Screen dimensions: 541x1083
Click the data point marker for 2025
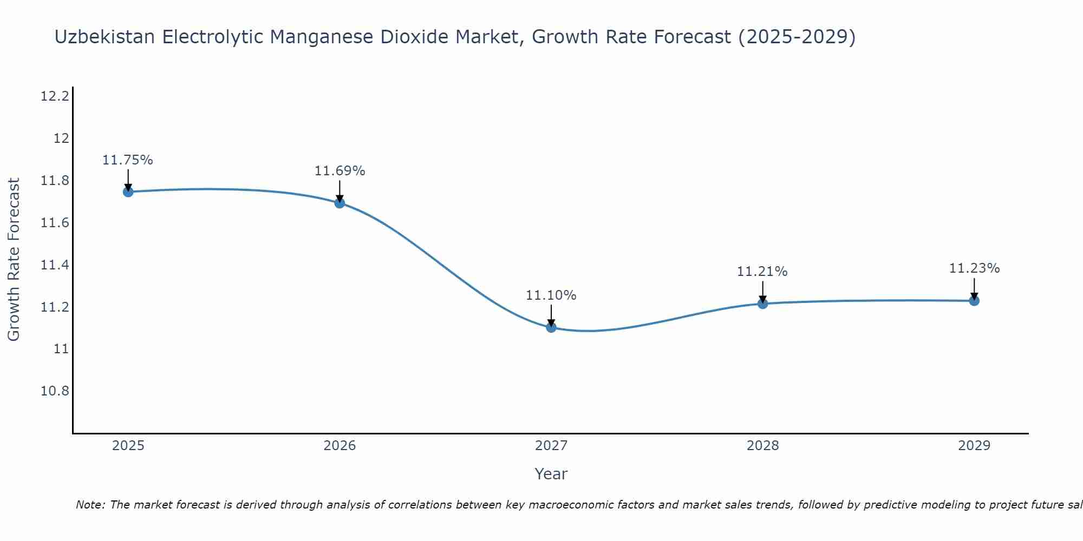coord(128,192)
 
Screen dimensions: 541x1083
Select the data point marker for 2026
coord(340,203)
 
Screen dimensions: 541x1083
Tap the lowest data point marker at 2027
coord(551,327)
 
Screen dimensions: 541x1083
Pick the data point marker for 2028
coord(762,304)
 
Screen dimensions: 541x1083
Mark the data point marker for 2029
coord(974,300)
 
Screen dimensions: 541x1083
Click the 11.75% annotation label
coord(128,160)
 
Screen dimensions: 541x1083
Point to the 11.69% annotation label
coord(340,171)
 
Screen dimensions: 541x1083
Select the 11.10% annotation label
coord(551,295)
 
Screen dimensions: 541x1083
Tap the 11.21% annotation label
coord(762,272)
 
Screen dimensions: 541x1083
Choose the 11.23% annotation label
coord(974,268)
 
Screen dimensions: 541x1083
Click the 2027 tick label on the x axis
coord(551,446)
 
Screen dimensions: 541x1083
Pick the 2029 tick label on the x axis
coord(974,446)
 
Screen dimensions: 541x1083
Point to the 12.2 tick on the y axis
coord(55,97)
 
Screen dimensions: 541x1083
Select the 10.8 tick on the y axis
coord(55,391)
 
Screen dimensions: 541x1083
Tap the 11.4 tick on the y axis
coord(55,265)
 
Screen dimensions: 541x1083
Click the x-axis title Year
coord(551,474)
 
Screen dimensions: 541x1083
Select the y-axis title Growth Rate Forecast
coord(14,260)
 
